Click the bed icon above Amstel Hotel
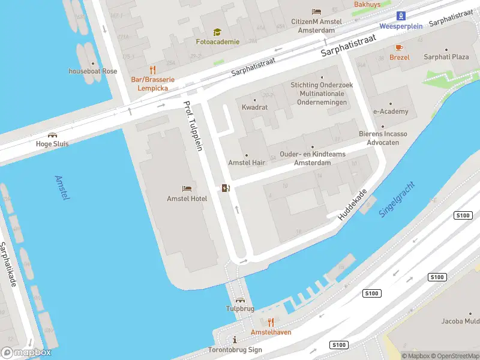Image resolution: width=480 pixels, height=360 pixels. click(187, 189)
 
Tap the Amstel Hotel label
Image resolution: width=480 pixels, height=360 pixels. click(187, 199)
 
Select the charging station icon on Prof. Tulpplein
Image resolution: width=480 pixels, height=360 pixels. click(225, 188)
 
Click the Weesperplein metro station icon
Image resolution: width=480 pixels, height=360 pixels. click(401, 16)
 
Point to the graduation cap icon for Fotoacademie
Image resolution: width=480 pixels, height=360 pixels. click(217, 32)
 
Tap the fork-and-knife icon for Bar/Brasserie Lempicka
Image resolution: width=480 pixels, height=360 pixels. click(152, 69)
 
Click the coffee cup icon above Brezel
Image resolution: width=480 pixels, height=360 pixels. click(399, 47)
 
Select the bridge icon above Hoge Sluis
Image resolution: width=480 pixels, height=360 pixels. click(52, 135)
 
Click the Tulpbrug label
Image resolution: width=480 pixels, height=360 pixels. click(240, 308)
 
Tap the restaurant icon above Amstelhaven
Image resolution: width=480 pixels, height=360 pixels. click(271, 322)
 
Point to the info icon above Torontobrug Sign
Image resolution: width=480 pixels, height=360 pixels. click(235, 340)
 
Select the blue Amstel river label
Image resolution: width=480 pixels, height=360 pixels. click(62, 188)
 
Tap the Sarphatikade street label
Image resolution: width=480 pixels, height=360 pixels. click(11, 264)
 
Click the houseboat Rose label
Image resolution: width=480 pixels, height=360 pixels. click(93, 71)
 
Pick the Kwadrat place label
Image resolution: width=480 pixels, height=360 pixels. click(254, 107)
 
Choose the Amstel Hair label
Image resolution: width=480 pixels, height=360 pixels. click(246, 163)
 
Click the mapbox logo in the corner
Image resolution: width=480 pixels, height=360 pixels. click(26, 353)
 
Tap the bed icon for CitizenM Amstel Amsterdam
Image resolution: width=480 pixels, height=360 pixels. click(316, 12)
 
